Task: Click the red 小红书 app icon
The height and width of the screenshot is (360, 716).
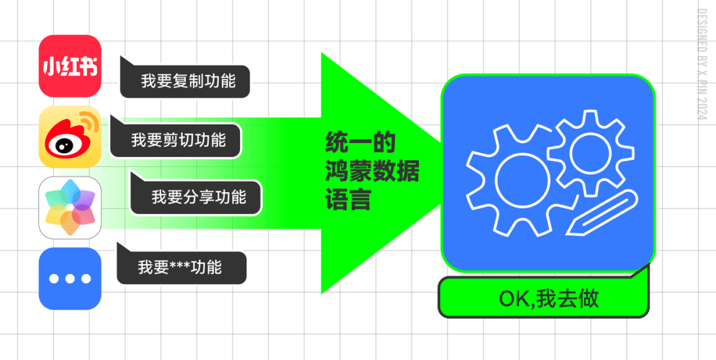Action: (x=70, y=66)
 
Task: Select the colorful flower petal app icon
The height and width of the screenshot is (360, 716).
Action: (x=70, y=208)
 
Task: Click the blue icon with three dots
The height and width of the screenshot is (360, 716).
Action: (x=70, y=278)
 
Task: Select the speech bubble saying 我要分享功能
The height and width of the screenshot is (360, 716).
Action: (x=198, y=197)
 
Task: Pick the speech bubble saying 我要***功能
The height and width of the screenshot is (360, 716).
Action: (x=180, y=268)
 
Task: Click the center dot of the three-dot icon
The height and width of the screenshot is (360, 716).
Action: (x=70, y=278)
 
